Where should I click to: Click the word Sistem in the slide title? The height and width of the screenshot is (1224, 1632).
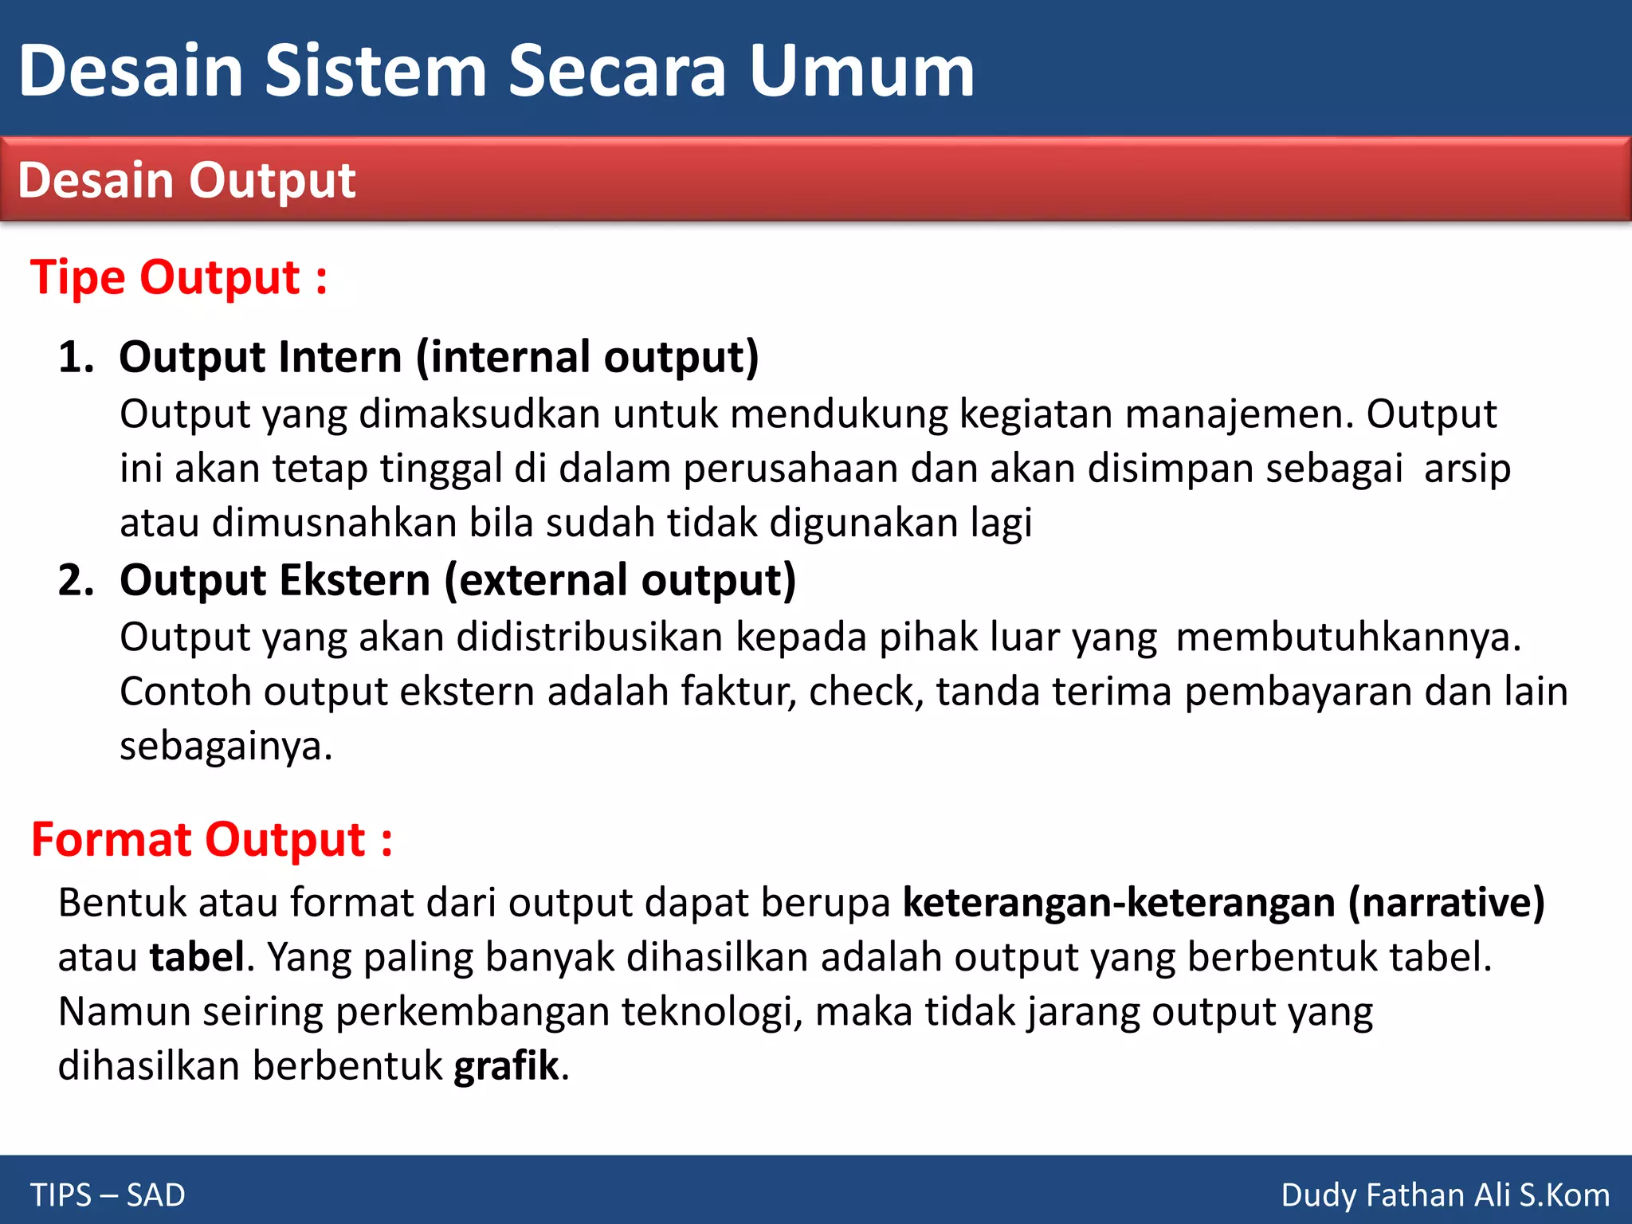coord(375,71)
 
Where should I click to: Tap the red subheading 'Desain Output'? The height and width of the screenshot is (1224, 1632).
coord(186,180)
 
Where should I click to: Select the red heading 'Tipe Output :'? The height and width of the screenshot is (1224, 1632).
coord(178,277)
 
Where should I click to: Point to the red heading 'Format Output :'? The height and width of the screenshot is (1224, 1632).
coord(212,840)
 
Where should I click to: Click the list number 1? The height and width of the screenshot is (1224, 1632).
coord(75,356)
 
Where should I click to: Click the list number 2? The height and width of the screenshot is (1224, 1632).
coord(75,579)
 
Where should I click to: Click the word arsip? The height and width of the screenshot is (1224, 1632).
coord(1467,469)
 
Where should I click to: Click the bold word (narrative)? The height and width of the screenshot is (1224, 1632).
coord(1446,903)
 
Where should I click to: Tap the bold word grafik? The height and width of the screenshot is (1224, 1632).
coord(507,1066)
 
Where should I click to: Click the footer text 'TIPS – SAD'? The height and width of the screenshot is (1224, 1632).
coord(108,1195)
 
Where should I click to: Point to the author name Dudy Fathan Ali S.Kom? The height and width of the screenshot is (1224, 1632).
coord(1445,1195)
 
